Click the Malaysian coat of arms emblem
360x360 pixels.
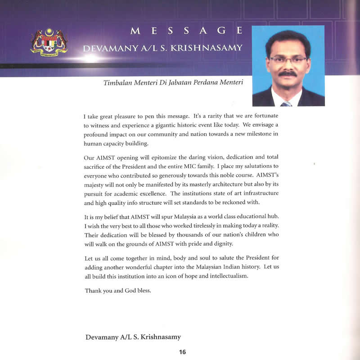49,42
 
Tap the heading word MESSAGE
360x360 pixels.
186,31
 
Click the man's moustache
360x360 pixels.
288,73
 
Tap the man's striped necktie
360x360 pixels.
286,103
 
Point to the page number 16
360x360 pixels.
182,352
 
